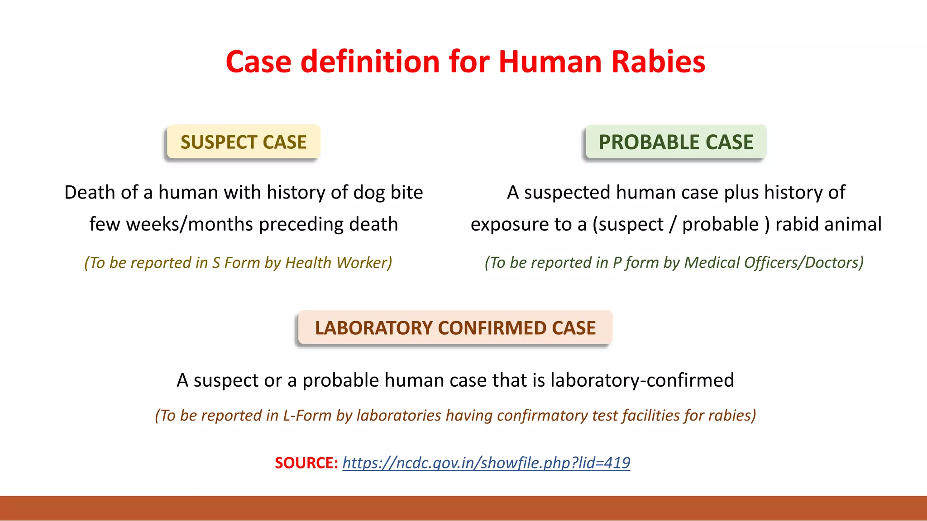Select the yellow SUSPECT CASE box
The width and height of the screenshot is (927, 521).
pyautogui.click(x=244, y=142)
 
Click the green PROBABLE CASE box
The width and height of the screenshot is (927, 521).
pyautogui.click(x=675, y=142)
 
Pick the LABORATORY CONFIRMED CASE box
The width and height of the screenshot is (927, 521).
pyautogui.click(x=455, y=328)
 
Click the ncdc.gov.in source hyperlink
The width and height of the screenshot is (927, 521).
pyautogui.click(x=486, y=463)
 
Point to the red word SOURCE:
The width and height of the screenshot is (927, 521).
pyautogui.click(x=306, y=463)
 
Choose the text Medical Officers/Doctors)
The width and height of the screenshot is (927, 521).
pyautogui.click(x=774, y=263)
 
